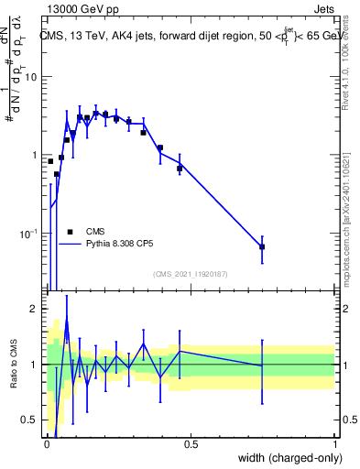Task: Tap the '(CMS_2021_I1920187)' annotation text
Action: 190,274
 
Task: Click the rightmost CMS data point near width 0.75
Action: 262,246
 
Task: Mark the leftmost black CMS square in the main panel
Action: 50,161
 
